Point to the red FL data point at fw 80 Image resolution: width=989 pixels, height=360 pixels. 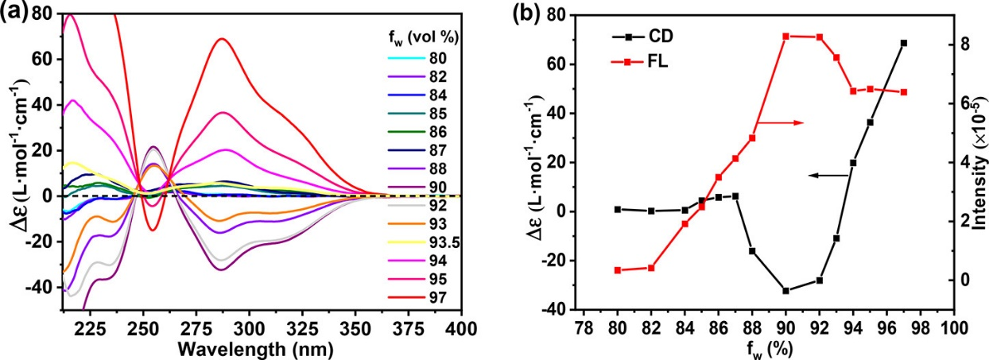pyautogui.click(x=618, y=270)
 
